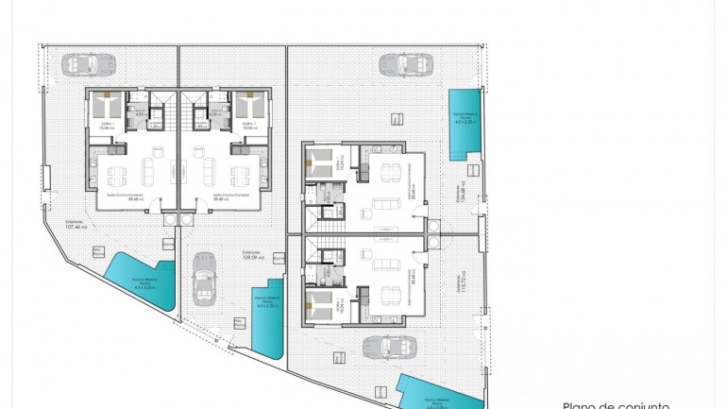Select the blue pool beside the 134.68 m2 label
coord(464,120)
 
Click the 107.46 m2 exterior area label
coord(76,225)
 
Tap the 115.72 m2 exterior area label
coord(460,285)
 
